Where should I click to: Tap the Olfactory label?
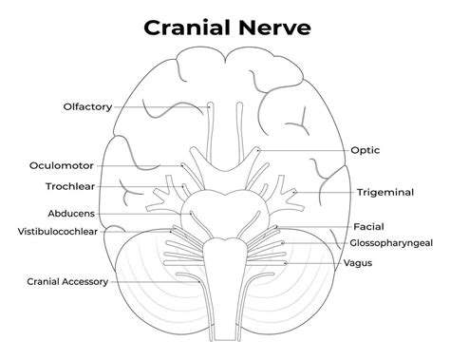coord(86,106)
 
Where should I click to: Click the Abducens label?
coord(70,213)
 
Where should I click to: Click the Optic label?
coord(365,150)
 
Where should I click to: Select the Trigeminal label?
coord(385,192)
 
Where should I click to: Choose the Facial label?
coord(368,227)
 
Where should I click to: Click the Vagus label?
coord(357,262)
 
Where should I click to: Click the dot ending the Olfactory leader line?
coord(211,106)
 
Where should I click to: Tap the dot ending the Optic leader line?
coord(258,150)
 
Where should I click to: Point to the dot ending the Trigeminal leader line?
coord(295,192)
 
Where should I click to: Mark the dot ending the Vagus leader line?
coord(283,262)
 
